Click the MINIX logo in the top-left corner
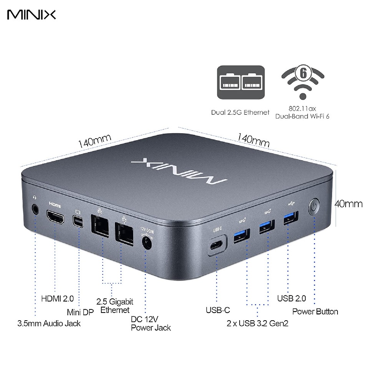[31, 14]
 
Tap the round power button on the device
[314, 207]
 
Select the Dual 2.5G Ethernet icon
[241, 83]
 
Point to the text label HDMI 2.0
[57, 298]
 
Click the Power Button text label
[315, 311]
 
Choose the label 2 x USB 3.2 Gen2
[257, 323]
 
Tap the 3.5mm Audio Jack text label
[49, 323]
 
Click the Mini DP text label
[80, 312]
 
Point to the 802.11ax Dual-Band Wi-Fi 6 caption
[302, 113]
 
